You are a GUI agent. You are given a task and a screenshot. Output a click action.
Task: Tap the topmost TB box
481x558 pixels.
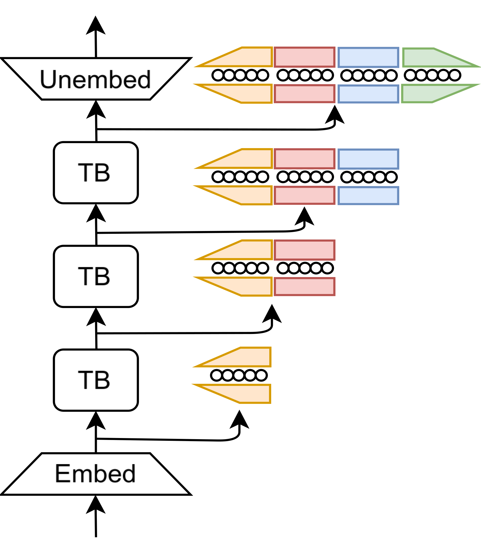(x=96, y=173)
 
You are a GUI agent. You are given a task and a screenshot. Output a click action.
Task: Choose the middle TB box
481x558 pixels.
(x=96, y=276)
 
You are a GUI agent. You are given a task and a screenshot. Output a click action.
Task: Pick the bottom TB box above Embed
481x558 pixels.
(x=96, y=380)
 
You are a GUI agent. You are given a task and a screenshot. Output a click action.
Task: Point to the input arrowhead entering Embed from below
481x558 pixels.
(x=96, y=506)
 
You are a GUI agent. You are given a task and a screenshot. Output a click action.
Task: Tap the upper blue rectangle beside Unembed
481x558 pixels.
(x=368, y=57)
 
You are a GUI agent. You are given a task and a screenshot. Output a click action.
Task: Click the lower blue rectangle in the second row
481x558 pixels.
(x=368, y=196)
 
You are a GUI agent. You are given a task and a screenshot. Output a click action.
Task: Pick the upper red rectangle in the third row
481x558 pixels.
(x=304, y=250)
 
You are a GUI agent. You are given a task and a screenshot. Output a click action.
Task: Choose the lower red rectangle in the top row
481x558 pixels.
(x=304, y=94)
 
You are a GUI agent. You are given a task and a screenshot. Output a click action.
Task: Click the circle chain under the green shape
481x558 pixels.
(x=432, y=75)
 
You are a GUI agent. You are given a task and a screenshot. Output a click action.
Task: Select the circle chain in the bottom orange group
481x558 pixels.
(x=239, y=375)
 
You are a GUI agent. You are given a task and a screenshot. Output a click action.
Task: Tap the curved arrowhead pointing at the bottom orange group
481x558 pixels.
(x=239, y=420)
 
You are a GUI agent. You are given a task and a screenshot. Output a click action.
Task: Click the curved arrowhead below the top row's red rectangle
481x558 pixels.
(x=335, y=115)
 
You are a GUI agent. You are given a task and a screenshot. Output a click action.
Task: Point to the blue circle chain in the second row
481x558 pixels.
(x=369, y=177)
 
